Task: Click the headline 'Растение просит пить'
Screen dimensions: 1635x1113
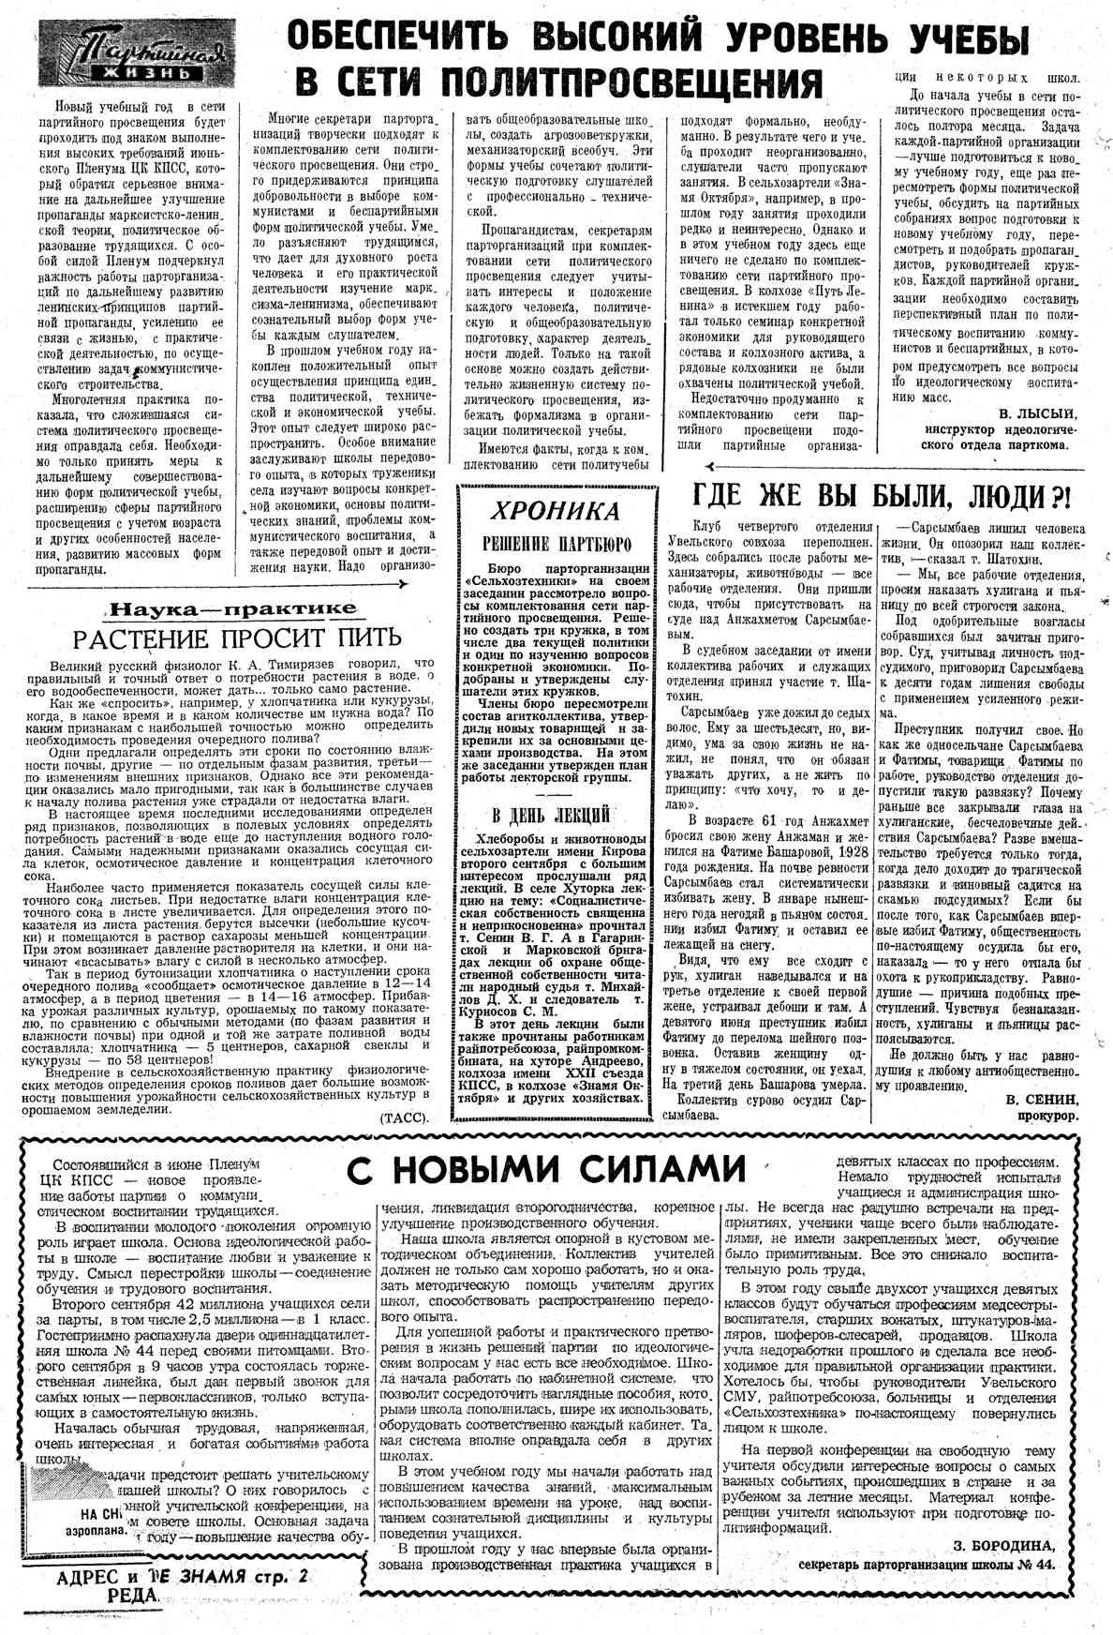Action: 238,637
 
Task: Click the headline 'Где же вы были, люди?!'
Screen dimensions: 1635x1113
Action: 882,492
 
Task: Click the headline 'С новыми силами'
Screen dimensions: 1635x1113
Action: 545,1169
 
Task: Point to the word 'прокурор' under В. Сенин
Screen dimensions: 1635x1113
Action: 1048,1116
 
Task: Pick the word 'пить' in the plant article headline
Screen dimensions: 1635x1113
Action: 368,637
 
